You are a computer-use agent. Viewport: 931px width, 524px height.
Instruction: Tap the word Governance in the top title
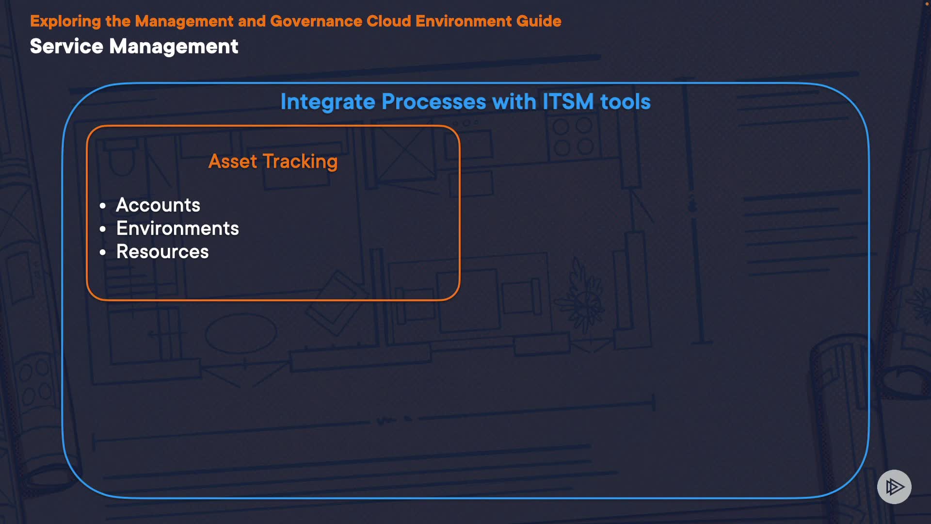tap(316, 21)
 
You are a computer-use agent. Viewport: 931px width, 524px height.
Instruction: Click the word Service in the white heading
tap(66, 47)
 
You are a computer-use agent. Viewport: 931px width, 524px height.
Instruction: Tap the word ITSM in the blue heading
tap(568, 102)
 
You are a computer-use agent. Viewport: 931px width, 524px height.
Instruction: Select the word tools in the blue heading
tap(625, 102)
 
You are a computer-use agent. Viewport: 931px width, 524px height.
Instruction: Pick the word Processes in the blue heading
tap(434, 102)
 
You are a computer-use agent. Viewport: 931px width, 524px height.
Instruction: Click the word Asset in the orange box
tap(233, 162)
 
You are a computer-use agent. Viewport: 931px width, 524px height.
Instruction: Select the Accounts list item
tap(158, 205)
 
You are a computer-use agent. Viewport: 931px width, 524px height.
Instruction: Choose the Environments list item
tap(177, 229)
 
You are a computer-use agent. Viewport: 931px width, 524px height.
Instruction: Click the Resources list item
tap(162, 252)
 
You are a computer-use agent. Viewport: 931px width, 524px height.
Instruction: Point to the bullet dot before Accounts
tap(103, 206)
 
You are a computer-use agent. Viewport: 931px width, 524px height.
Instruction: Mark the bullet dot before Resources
tap(103, 252)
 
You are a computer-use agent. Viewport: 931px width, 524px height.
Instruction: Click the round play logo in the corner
tap(894, 487)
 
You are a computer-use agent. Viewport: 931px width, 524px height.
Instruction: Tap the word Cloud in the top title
tap(389, 21)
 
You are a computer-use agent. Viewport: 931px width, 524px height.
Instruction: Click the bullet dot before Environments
tap(103, 229)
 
